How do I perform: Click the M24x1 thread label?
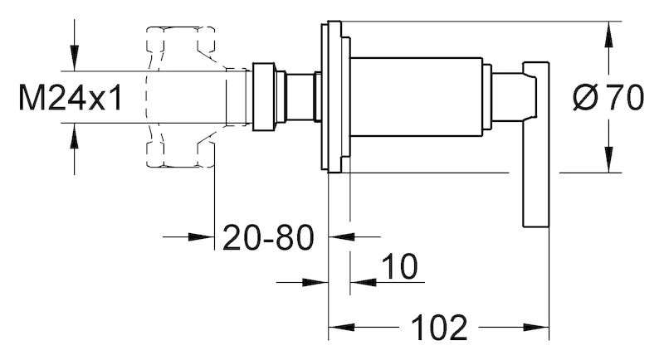tap(71, 98)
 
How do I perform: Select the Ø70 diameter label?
tap(608, 98)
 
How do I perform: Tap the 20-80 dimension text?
tap(268, 237)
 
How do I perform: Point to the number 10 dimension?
tap(399, 266)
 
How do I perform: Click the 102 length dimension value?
tap(439, 328)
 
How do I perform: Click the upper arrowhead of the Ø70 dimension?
tap(608, 34)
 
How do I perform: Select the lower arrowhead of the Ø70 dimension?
tap(608, 159)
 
